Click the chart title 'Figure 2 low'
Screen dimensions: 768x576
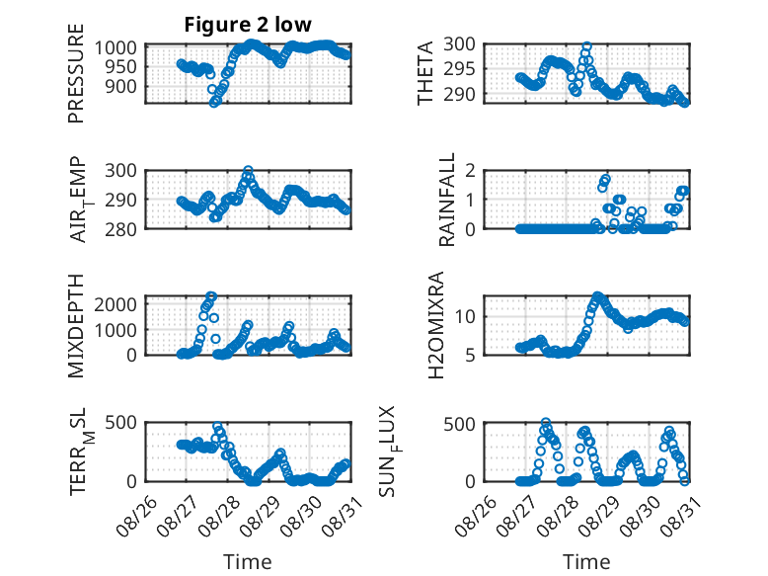click(248, 25)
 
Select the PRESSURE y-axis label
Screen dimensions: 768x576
click(76, 73)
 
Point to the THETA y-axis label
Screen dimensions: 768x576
click(425, 73)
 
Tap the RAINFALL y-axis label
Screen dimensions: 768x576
click(447, 200)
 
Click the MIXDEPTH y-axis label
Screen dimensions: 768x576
click(76, 326)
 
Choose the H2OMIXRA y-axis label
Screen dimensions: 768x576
click(436, 325)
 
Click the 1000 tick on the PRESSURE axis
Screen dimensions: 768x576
click(115, 48)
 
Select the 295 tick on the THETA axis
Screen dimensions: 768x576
click(459, 69)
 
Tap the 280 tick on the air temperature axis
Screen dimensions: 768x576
click(120, 229)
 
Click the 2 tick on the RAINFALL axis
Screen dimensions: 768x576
click(471, 171)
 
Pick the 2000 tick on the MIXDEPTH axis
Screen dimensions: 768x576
click(115, 304)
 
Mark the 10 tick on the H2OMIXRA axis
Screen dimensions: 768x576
click(465, 317)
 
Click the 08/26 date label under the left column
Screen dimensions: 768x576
click(136, 517)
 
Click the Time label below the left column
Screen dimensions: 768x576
click(248, 562)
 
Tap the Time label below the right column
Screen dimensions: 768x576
click(586, 562)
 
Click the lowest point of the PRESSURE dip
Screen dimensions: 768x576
click(214, 103)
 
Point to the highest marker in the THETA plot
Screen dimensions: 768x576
click(586, 46)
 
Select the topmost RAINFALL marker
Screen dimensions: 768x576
click(606, 179)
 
